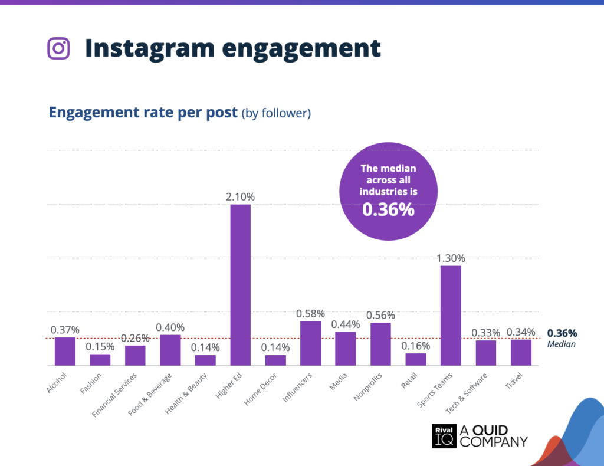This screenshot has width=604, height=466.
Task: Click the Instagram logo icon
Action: pos(58,48)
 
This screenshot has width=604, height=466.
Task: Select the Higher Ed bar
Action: pos(240,284)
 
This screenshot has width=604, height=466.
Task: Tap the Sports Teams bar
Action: pos(451,315)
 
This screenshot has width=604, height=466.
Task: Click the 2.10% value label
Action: pos(240,196)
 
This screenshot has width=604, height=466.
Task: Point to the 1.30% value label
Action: pos(451,258)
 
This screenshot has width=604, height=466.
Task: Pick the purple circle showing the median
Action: pos(388,191)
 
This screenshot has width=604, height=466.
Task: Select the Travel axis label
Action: pos(514,380)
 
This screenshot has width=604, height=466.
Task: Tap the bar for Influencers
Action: pos(310,343)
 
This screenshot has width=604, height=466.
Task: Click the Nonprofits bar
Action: pos(380,343)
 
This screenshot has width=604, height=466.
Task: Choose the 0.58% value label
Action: pos(310,313)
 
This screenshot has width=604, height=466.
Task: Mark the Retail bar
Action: pos(416,359)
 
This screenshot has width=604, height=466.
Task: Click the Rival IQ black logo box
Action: pos(444,436)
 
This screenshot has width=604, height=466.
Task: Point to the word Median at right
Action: pos(561,344)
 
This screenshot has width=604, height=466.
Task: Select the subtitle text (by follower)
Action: pos(275,113)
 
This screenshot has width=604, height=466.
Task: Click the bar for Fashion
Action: pos(100,359)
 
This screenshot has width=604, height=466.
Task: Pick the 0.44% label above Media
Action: pos(345,324)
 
